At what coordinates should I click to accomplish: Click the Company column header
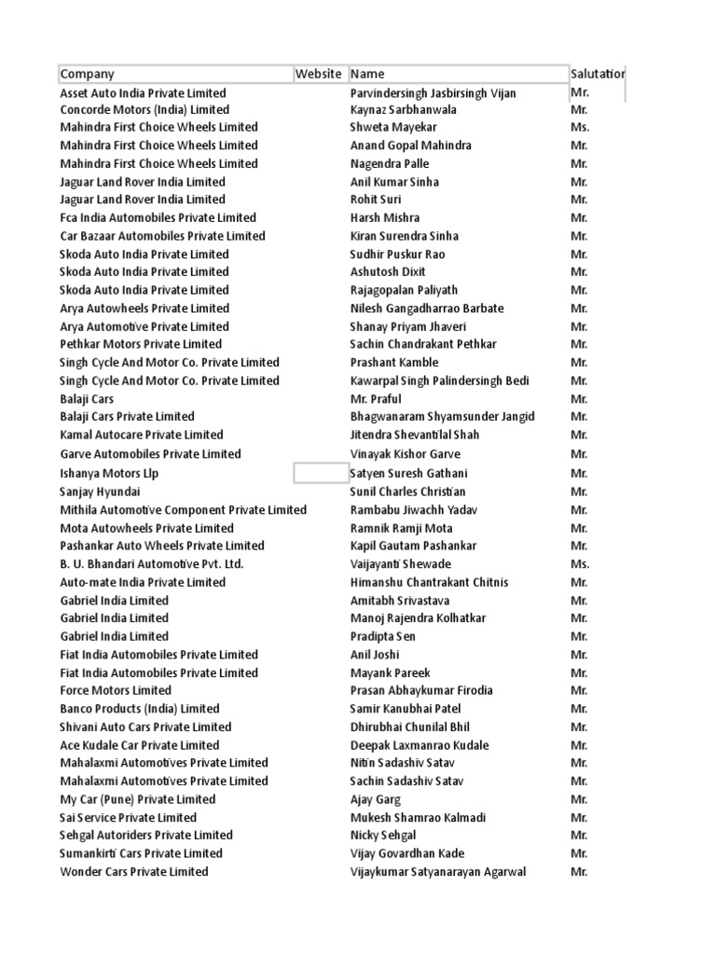coord(88,75)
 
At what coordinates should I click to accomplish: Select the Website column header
coord(319,75)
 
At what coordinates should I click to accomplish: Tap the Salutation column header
coord(598,75)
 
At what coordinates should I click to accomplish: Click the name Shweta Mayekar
coord(393,127)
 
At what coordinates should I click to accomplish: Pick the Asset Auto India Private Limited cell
coord(143,93)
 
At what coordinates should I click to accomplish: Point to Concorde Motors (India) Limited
coord(145,110)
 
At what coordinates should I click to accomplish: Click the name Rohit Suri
coord(377,200)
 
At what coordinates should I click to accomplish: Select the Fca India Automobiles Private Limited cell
coord(158,217)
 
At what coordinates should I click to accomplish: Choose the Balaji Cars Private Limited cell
coord(127,417)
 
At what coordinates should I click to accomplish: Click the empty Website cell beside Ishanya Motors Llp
coord(320,473)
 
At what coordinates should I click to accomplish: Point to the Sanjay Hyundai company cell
coord(101,491)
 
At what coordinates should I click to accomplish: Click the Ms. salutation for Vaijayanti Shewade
coord(579,564)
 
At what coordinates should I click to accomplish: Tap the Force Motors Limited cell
coord(116,691)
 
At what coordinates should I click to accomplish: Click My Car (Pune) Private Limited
coord(137,799)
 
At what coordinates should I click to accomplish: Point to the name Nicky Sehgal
coord(383,836)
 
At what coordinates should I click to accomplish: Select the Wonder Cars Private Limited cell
coord(134,872)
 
